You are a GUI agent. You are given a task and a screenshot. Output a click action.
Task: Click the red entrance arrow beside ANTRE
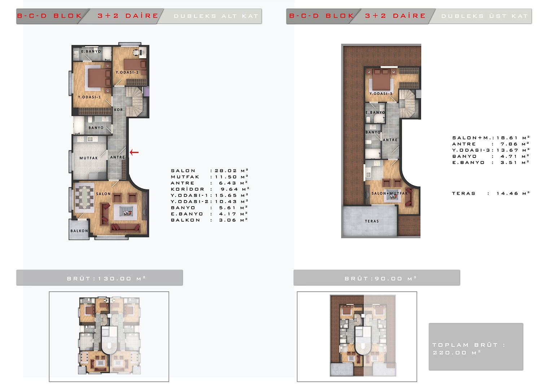pos(134,152)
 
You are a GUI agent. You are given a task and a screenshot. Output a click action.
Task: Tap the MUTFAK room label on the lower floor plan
pos(89,158)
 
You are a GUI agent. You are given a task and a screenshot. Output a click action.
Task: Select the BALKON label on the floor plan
pos(79,231)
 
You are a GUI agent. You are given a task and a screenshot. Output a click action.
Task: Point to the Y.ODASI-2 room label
pos(127,72)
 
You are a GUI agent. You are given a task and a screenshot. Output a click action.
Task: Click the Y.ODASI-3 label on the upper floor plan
pos(381,94)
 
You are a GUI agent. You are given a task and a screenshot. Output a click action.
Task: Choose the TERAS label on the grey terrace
pos(372,221)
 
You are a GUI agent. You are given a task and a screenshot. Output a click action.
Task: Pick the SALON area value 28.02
pos(226,171)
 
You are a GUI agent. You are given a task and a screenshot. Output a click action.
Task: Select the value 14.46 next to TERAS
pos(507,194)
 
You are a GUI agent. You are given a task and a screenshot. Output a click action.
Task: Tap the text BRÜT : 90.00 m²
pos(381,278)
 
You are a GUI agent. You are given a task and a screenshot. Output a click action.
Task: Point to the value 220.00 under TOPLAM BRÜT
pos(449,353)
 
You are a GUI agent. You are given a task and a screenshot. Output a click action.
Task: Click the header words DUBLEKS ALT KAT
pos(216,16)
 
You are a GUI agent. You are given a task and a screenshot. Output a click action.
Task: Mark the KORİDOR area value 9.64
pos(229,189)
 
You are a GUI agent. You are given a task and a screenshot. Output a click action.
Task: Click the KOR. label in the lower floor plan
pos(119,110)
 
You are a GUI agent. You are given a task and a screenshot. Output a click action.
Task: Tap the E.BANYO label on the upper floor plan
pos(375,112)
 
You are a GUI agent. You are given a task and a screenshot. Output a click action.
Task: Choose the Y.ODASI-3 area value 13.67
pos(507,150)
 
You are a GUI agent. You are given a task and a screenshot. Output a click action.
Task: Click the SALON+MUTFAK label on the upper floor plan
pos(390,194)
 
